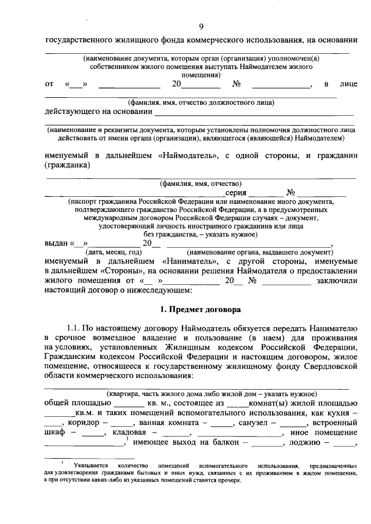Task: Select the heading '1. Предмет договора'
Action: pos(201,310)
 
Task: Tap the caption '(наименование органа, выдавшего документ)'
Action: pos(259,252)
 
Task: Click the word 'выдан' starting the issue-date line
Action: pos(56,243)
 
